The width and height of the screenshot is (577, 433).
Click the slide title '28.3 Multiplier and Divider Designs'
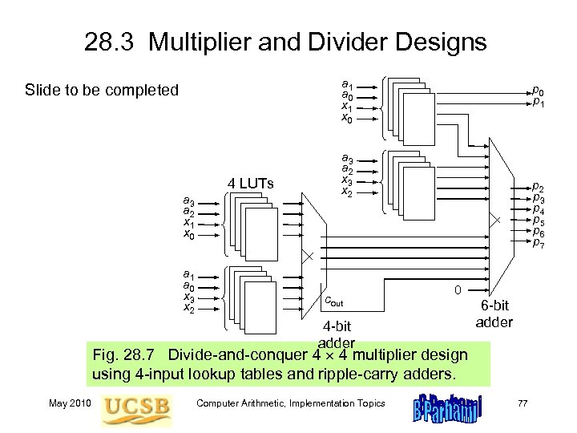[x=285, y=42]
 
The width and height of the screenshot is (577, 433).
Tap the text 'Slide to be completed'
[x=102, y=90]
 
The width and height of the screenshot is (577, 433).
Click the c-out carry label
[x=334, y=301]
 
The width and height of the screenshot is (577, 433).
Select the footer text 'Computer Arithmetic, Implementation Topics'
[x=292, y=403]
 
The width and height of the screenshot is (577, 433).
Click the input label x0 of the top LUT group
[x=346, y=119]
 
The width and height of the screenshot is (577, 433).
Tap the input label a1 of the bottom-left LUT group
[x=188, y=273]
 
